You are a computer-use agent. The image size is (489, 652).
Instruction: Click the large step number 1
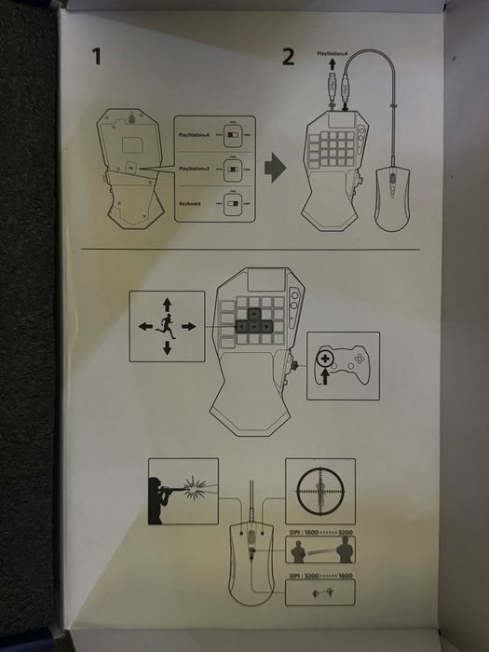pos(96,58)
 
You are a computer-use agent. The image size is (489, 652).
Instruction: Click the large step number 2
pos(288,58)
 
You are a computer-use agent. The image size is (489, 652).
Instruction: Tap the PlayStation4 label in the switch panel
pos(197,134)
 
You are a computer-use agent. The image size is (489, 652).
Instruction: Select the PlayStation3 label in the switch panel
pos(197,169)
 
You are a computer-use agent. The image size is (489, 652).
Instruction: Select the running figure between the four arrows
pos(167,326)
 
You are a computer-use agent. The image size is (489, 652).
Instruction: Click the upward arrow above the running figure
pos(167,304)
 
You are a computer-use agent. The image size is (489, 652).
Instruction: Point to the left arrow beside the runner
pos(144,326)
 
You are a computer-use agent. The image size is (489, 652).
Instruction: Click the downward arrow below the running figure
pos(167,348)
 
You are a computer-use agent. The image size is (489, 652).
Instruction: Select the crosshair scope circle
pos(319,490)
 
